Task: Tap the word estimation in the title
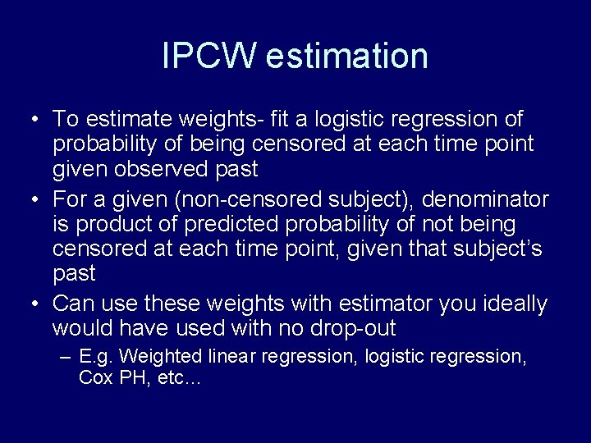coord(346,57)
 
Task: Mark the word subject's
coord(491,249)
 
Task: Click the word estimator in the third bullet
coord(382,304)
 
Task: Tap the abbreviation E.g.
coord(97,357)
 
